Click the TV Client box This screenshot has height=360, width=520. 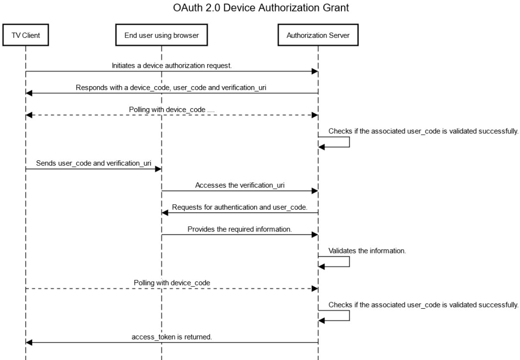pos(26,36)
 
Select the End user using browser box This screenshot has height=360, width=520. pos(161,36)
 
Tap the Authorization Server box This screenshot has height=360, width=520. pos(318,36)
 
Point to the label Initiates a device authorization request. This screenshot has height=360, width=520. pos(172,66)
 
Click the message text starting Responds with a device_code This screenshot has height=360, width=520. pos(171,88)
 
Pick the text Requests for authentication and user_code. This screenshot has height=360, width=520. pos(240,207)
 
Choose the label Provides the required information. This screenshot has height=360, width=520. pos(240,229)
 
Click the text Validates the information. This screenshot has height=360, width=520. pos(367,250)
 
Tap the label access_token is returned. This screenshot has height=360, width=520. pos(172,337)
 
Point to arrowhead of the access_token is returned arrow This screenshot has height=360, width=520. pos(29,343)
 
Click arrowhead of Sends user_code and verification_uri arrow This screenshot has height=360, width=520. pos(158,169)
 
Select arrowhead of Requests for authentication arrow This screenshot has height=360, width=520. pos(164,213)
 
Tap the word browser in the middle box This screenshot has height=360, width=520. pos(186,36)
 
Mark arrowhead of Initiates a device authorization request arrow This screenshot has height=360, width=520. pos(315,71)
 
